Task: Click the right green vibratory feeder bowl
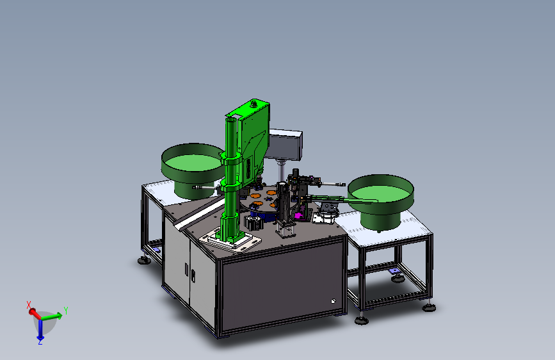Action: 381,200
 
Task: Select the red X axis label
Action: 29,305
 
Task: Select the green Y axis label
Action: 65,311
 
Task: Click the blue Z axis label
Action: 40,342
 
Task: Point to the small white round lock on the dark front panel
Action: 333,301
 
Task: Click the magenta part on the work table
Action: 299,215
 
